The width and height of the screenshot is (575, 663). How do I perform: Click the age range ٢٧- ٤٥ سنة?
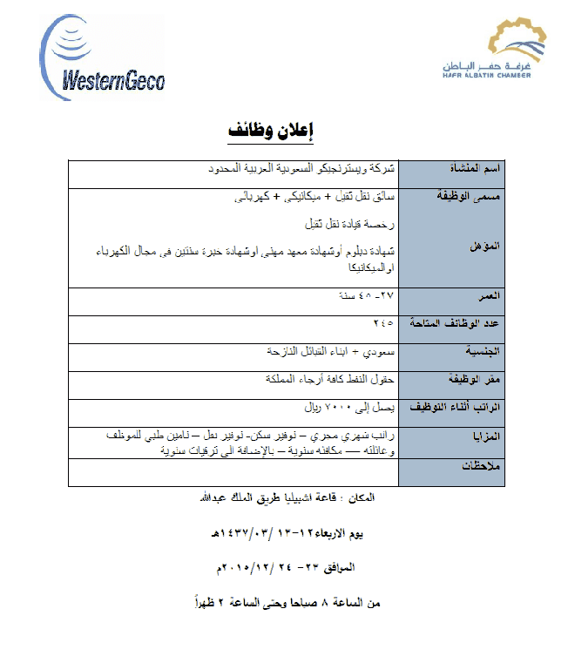tap(367, 296)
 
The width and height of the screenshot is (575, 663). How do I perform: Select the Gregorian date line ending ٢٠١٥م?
tap(284, 567)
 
